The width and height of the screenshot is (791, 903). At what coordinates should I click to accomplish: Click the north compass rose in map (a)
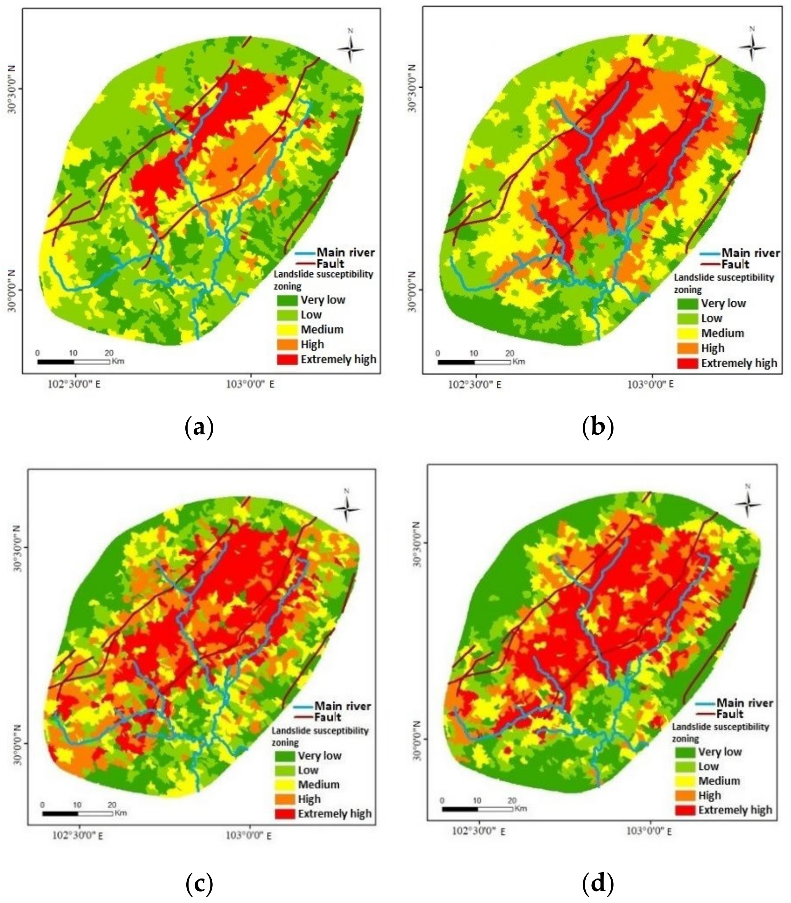coord(350,48)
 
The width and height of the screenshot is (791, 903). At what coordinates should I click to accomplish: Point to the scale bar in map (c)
coord(78,813)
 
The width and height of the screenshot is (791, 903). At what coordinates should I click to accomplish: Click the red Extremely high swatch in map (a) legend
coord(287,359)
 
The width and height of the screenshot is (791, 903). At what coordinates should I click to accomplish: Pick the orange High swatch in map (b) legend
coord(687,348)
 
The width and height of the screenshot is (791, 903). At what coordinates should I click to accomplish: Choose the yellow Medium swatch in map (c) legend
coord(284,784)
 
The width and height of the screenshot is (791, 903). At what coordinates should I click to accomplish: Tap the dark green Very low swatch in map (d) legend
coord(685,752)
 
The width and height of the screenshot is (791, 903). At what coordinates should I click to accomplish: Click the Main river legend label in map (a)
coord(346,252)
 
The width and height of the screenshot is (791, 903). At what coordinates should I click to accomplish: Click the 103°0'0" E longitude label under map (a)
coord(250,384)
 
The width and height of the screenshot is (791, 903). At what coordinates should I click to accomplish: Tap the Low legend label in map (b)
coord(712,318)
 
